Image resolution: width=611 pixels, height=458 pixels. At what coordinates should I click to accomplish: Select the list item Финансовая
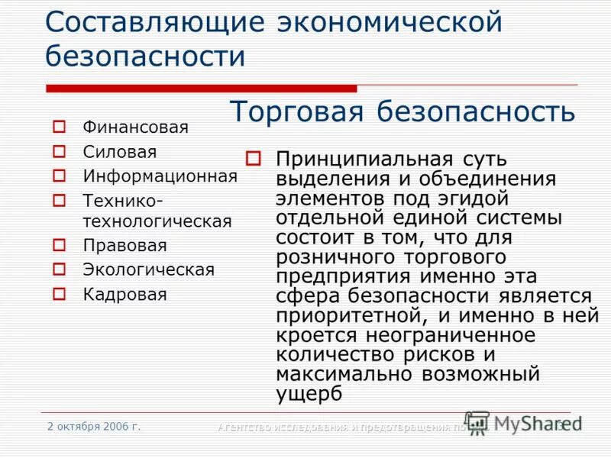pyautogui.click(x=135, y=127)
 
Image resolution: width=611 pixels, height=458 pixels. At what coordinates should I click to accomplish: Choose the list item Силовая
pyautogui.click(x=120, y=152)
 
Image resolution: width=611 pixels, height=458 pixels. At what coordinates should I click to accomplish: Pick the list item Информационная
pyautogui.click(x=160, y=176)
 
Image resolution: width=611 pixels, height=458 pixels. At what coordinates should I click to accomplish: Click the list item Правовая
pyautogui.click(x=124, y=246)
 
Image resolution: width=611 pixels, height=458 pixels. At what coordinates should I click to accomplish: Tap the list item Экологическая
pyautogui.click(x=149, y=269)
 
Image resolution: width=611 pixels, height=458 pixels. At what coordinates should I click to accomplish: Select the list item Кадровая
pyautogui.click(x=124, y=294)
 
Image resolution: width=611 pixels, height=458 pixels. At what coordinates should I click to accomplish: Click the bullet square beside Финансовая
pyautogui.click(x=60, y=127)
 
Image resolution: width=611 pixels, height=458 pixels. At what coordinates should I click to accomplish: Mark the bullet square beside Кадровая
pyautogui.click(x=60, y=294)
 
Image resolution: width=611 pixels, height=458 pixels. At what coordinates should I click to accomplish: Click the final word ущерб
pyautogui.click(x=309, y=392)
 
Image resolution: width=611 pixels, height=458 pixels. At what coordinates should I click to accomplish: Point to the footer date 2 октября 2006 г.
pyautogui.click(x=94, y=426)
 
